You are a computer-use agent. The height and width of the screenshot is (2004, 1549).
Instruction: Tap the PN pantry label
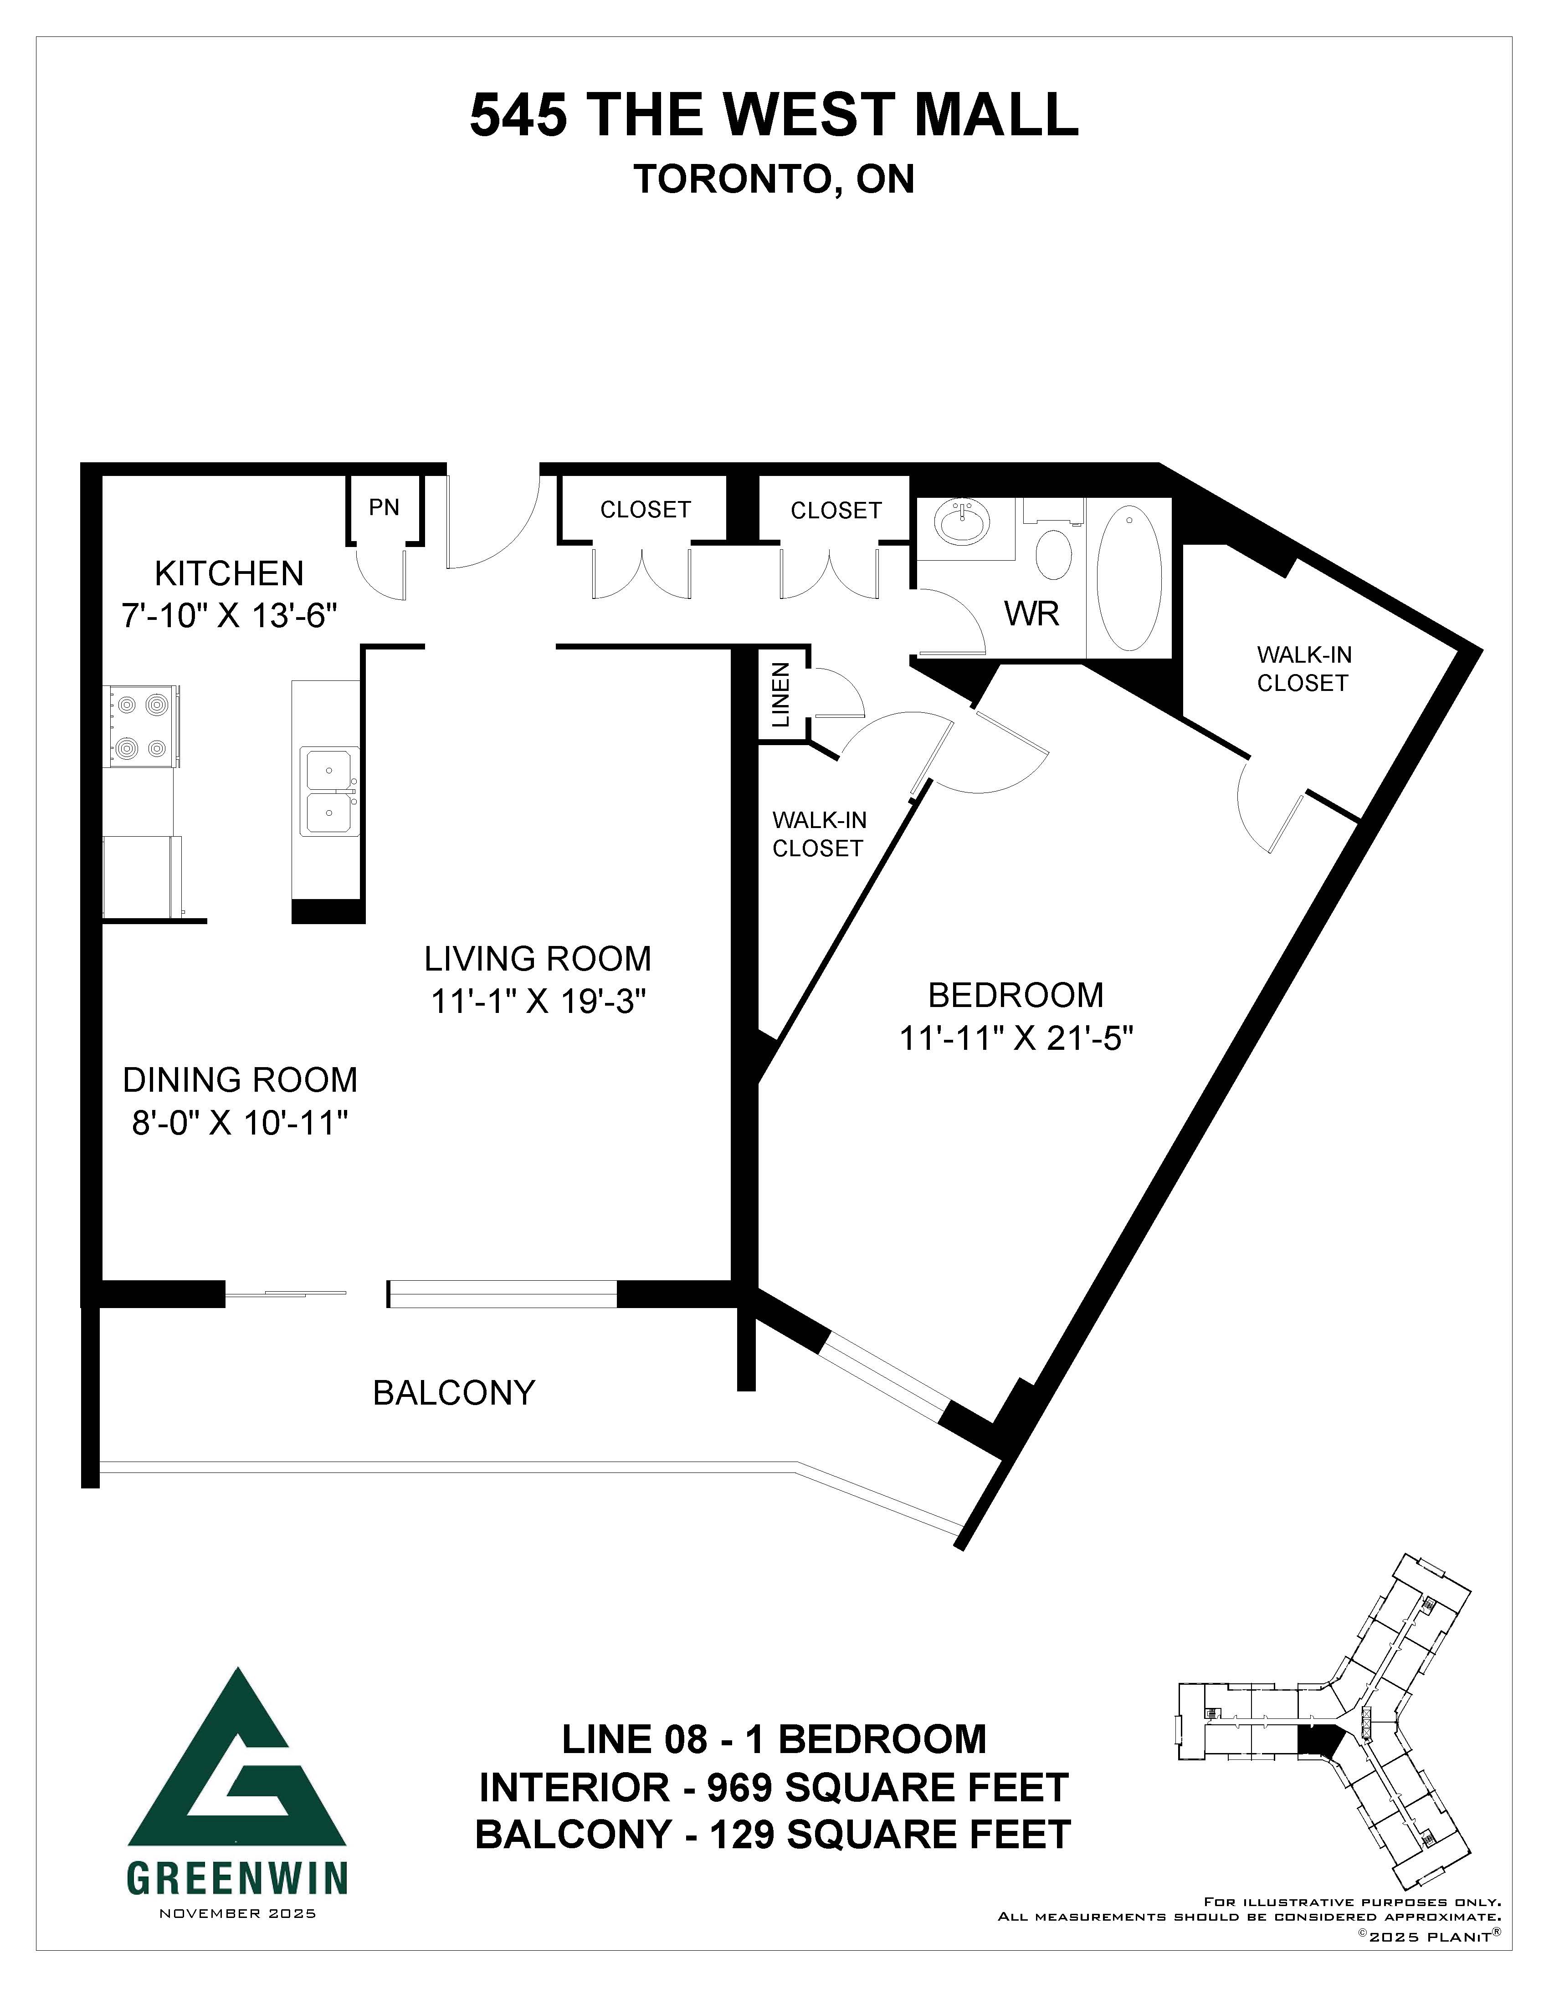(x=385, y=507)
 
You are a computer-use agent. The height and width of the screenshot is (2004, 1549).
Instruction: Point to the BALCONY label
(x=453, y=1393)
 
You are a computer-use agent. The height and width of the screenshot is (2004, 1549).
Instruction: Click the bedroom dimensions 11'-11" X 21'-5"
(x=1017, y=1040)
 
